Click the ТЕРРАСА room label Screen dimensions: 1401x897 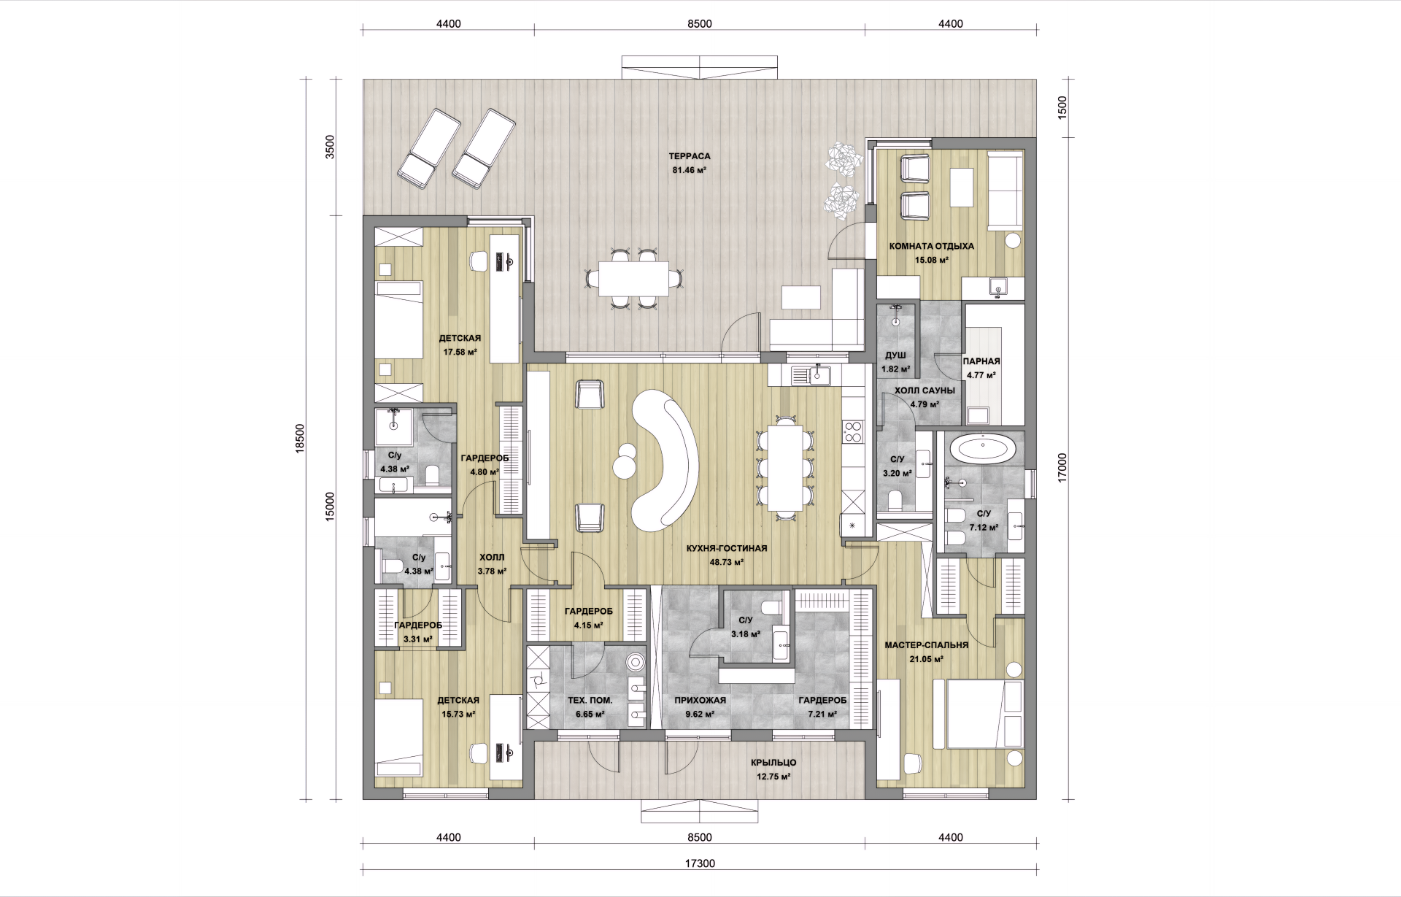click(689, 156)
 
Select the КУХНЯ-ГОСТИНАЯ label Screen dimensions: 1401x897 click(726, 548)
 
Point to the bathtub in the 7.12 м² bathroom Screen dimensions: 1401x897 click(983, 447)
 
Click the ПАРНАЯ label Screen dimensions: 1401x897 click(981, 361)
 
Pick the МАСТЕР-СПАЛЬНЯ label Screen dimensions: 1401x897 click(926, 645)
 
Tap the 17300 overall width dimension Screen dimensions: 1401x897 click(700, 863)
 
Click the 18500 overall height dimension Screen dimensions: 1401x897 click(300, 439)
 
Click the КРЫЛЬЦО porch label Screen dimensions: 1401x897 click(773, 763)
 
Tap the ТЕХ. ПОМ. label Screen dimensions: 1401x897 click(590, 700)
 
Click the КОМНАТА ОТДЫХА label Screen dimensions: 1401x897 click(931, 247)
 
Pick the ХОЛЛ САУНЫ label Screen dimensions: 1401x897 click(925, 390)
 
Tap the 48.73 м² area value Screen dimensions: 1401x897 click(726, 563)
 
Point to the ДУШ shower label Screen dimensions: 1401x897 click(895, 355)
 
